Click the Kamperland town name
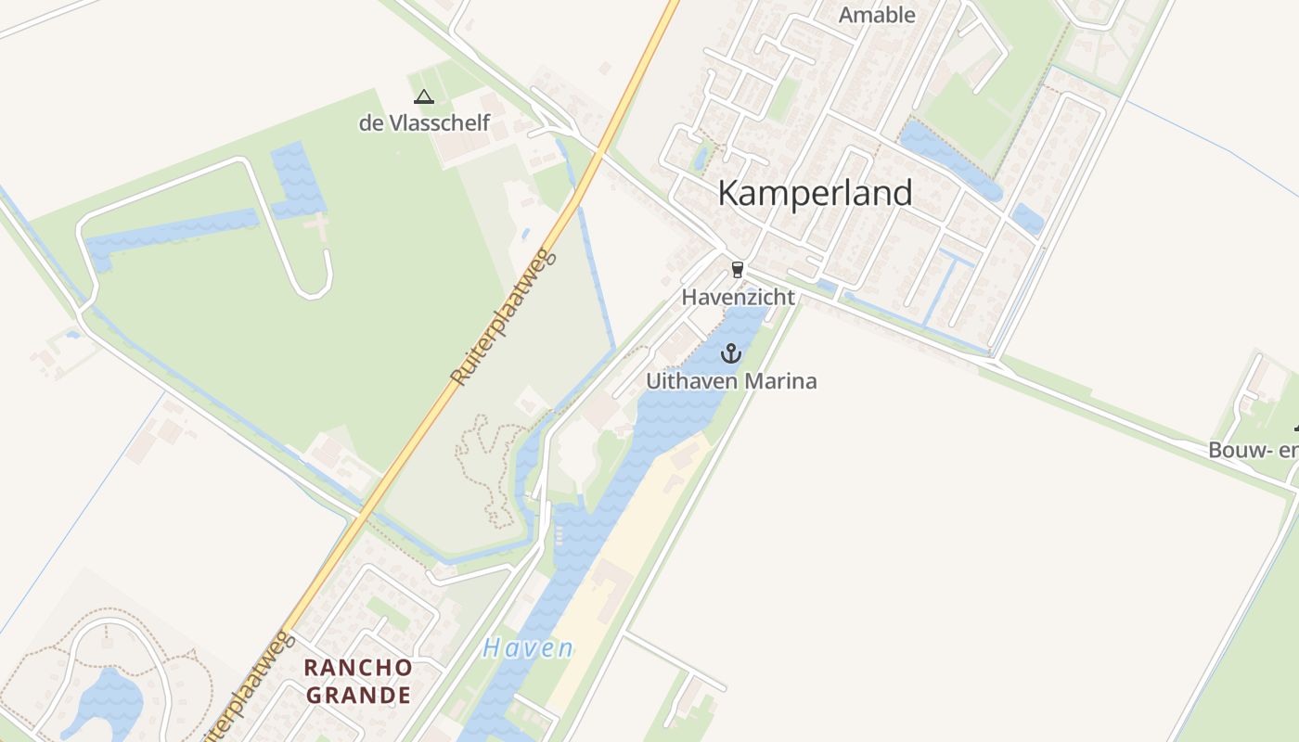point(815,193)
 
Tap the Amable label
point(877,15)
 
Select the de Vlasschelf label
point(424,122)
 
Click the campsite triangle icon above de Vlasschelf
point(424,96)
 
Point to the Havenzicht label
point(738,298)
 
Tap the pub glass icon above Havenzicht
point(738,270)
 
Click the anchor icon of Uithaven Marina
point(731,353)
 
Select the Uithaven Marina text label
point(731,381)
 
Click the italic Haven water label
point(528,648)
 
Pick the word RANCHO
point(358,668)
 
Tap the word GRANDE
point(358,695)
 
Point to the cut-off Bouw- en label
point(1253,451)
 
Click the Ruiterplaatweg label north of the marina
point(503,317)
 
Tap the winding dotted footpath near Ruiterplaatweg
point(482,464)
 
